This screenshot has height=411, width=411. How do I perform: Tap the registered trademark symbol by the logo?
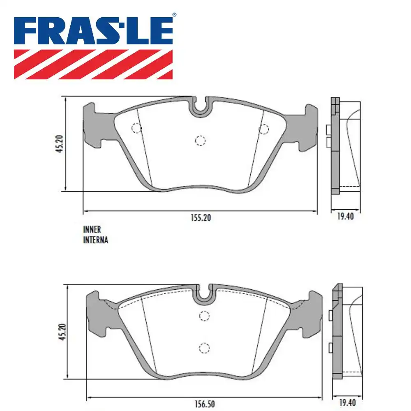(x=174, y=15)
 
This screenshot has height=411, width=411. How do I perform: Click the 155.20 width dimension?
(x=200, y=218)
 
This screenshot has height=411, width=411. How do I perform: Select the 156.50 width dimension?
(x=204, y=404)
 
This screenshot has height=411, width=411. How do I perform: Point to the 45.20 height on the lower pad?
(x=60, y=332)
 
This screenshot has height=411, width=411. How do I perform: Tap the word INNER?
(x=92, y=230)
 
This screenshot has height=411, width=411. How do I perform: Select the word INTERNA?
(x=95, y=240)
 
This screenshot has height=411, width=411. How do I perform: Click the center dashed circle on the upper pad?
(x=200, y=141)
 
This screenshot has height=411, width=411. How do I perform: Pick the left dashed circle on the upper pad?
(x=136, y=128)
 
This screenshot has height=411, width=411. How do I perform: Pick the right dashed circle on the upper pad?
(x=263, y=129)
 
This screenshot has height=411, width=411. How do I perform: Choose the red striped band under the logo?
(x=93, y=64)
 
